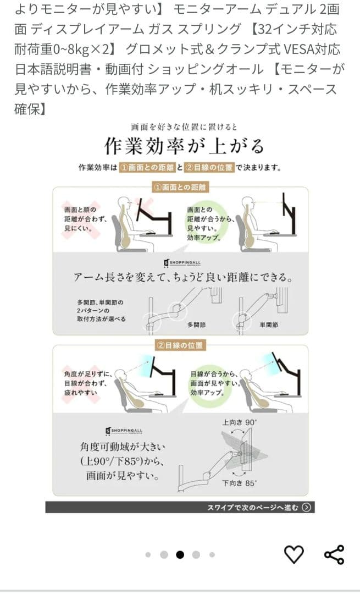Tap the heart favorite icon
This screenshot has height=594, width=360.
(294, 554)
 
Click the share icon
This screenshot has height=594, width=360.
(334, 554)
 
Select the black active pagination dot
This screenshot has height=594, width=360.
(180, 554)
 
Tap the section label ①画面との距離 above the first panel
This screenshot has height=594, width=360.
(180, 188)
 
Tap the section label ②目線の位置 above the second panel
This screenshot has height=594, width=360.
(180, 345)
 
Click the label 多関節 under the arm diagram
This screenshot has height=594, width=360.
(196, 325)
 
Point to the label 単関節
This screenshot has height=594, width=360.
(269, 325)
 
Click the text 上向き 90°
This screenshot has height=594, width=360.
(239, 422)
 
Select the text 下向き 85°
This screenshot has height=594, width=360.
(239, 483)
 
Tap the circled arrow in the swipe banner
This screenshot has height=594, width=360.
(307, 507)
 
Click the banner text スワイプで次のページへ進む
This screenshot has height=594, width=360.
(252, 507)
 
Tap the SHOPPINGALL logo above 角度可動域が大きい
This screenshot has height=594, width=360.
(124, 431)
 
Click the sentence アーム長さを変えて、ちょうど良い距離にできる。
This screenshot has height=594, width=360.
(184, 278)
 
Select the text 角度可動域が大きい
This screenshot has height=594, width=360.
(122, 447)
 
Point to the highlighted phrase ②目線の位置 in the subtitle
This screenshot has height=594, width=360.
(209, 167)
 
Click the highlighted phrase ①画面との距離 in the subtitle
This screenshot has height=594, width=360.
(147, 167)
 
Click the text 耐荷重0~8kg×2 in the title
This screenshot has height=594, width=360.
(62, 50)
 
